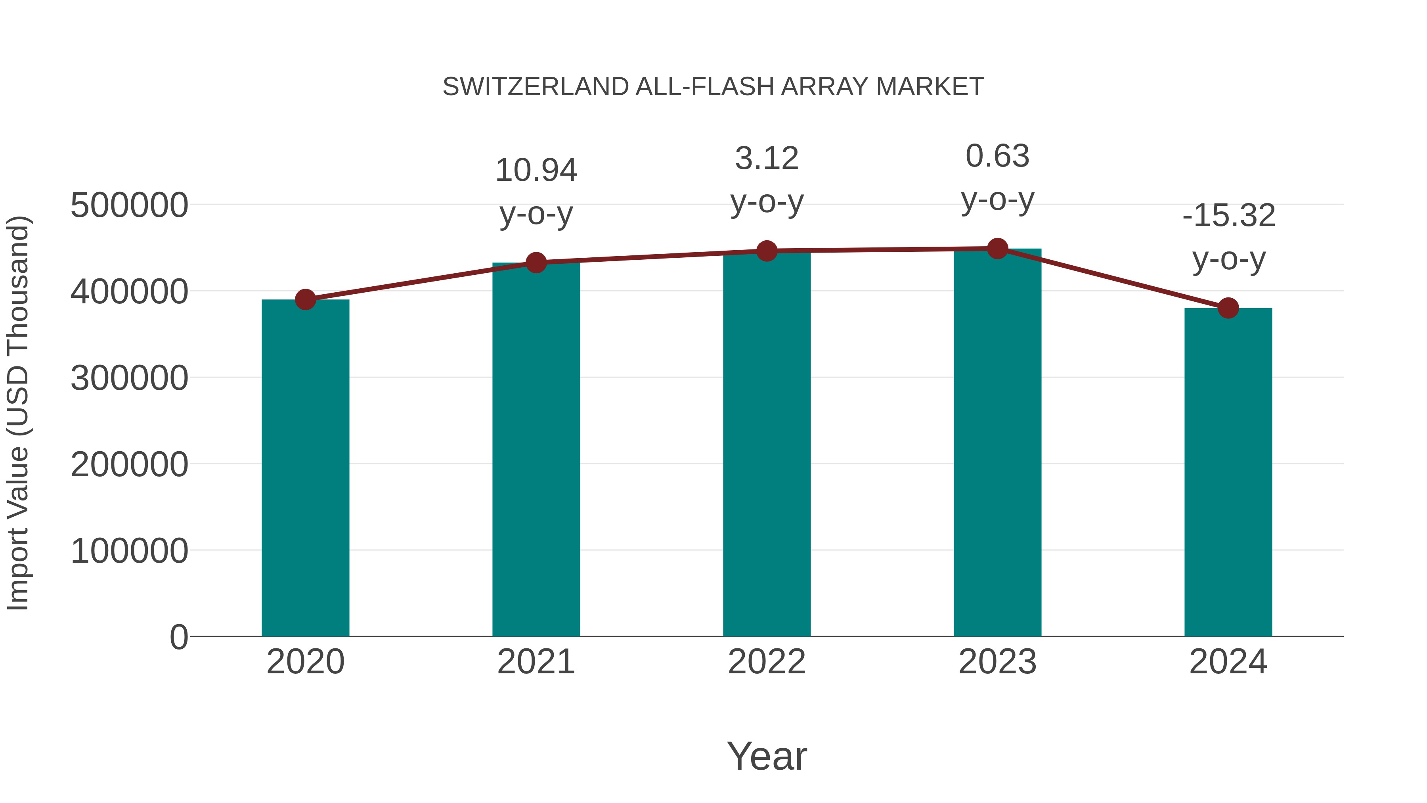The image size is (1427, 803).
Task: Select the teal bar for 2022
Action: coord(767,443)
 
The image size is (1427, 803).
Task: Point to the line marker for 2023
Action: coord(997,249)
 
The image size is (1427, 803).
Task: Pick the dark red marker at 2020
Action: coord(305,300)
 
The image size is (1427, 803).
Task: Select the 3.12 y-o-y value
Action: coord(767,159)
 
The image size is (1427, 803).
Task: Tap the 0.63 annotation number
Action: coord(997,156)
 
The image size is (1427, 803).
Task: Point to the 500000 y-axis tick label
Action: coord(129,205)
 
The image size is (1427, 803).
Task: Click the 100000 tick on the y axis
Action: coord(129,552)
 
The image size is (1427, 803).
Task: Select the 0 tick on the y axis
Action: coord(179,637)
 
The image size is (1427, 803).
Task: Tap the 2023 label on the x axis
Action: coord(997,662)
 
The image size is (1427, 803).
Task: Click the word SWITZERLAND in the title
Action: coord(535,87)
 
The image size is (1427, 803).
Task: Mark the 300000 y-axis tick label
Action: coord(129,379)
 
